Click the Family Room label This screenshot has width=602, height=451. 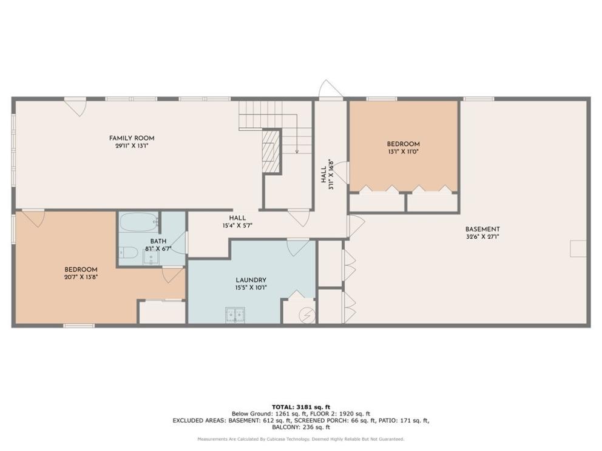[132, 138]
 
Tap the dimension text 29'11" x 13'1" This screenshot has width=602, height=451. [132, 145]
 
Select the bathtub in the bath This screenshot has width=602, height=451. [138, 222]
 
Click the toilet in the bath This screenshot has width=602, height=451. [129, 253]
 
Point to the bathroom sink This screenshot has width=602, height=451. [152, 256]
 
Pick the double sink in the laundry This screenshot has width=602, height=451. [235, 315]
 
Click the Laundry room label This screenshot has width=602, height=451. [251, 280]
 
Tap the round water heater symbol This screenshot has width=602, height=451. [307, 315]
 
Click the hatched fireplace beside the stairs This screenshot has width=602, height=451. [271, 151]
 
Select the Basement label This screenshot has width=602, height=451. [482, 229]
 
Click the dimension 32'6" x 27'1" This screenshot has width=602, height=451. [482, 236]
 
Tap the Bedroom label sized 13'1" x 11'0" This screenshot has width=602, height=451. [403, 144]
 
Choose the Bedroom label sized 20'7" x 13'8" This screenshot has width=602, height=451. [81, 270]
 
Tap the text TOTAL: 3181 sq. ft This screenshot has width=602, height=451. [301, 407]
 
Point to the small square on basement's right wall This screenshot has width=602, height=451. [578, 249]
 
